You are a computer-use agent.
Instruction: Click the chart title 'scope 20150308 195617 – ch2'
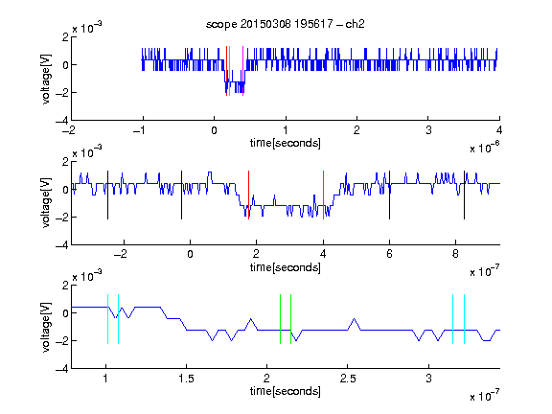click(x=286, y=24)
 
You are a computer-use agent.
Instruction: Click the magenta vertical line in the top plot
click(x=242, y=71)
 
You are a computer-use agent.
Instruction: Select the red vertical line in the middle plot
click(x=248, y=195)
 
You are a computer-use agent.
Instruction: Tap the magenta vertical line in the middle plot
click(x=323, y=195)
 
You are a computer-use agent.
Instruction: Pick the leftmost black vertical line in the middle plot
click(x=107, y=195)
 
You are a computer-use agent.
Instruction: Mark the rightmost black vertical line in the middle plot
click(x=464, y=195)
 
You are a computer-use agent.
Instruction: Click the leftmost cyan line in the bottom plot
click(x=107, y=319)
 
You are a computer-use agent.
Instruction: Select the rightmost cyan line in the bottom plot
click(x=464, y=319)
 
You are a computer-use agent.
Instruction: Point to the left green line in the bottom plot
click(x=280, y=319)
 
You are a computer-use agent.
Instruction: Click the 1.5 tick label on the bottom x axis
click(x=186, y=379)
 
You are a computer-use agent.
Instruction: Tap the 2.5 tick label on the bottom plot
click(x=348, y=379)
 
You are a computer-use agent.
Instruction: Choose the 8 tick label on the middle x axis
click(x=455, y=254)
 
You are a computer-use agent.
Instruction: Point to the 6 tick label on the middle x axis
click(x=389, y=254)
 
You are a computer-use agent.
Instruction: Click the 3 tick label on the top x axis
click(x=428, y=130)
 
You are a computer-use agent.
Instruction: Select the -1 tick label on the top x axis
click(x=140, y=130)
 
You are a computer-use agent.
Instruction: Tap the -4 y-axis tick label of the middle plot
click(x=62, y=245)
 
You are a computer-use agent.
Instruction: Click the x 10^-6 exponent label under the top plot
click(x=485, y=148)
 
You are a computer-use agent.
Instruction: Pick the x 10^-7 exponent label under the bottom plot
click(x=485, y=396)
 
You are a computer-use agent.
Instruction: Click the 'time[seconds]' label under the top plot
click(x=286, y=143)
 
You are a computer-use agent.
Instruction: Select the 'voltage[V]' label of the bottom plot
click(x=46, y=328)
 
